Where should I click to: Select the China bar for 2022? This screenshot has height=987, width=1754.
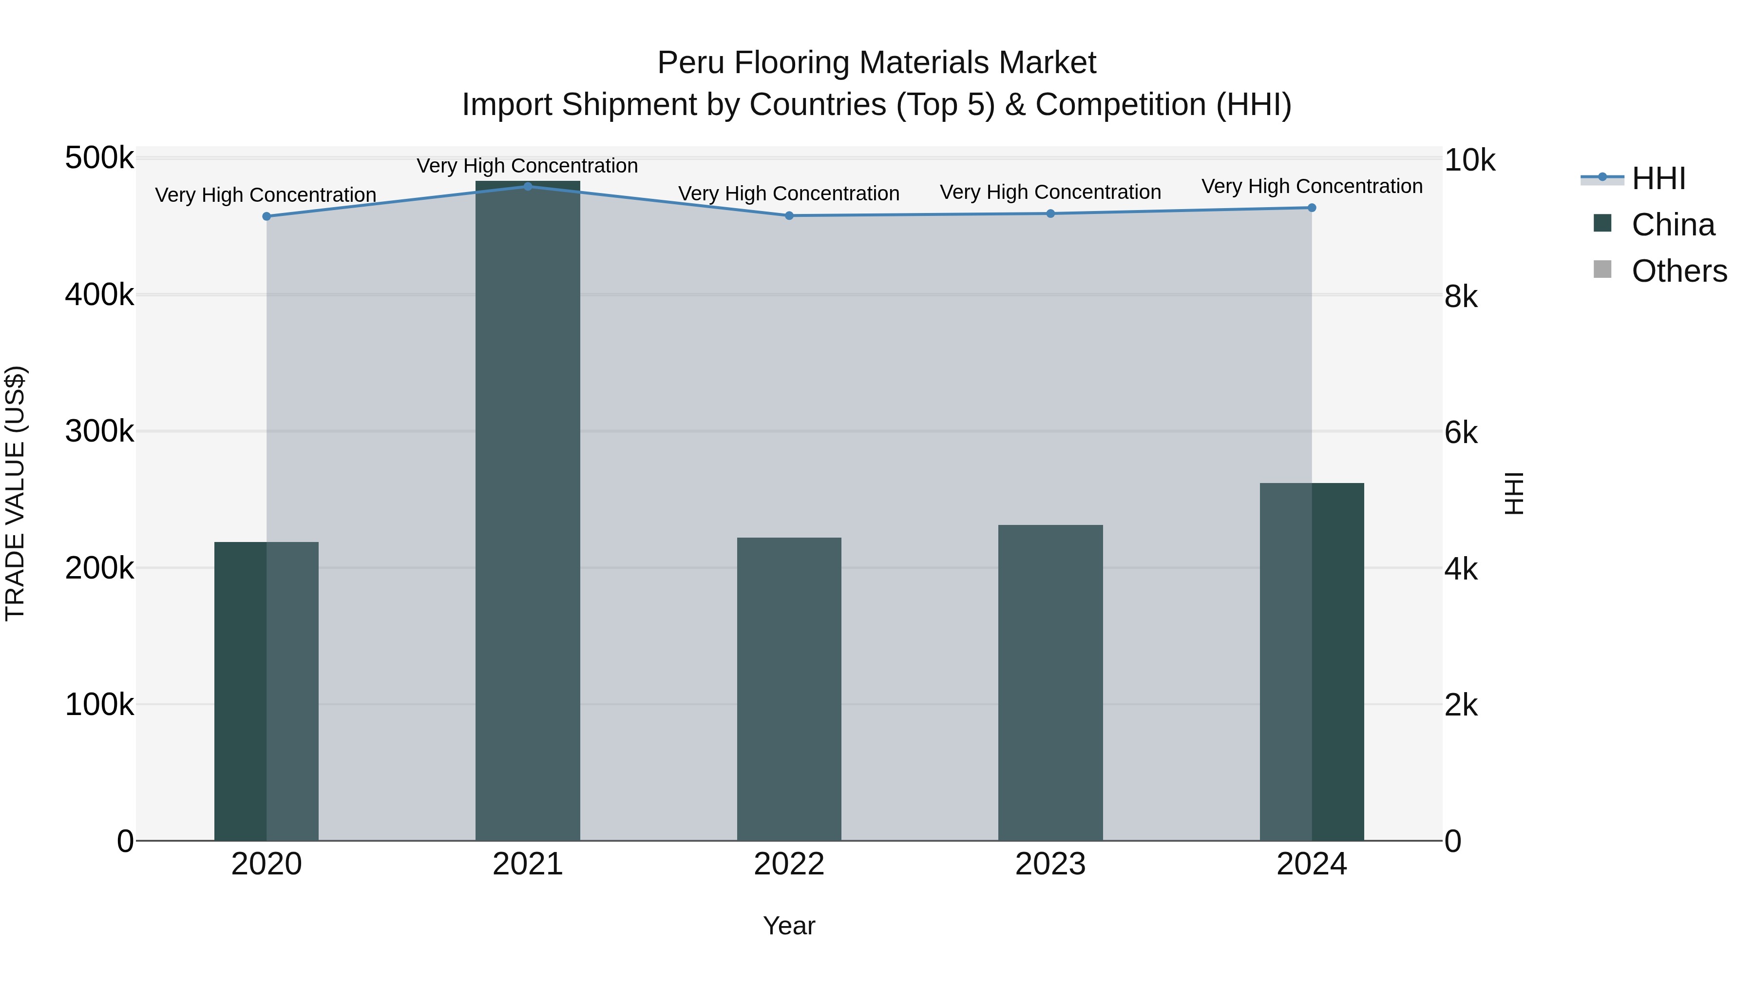[789, 688]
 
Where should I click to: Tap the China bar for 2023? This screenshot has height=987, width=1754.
[1050, 681]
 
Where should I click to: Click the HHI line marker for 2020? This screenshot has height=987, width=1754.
[266, 216]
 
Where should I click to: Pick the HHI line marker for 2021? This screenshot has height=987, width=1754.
[528, 187]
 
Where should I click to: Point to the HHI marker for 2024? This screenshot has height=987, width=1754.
[1312, 208]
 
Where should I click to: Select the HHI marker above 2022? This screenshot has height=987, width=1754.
[789, 216]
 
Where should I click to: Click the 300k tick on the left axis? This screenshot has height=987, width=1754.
[99, 432]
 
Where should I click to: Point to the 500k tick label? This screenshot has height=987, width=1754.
[99, 159]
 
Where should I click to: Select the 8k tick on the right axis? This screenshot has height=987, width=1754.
[1461, 297]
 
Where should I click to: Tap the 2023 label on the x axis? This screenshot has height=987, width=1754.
[1050, 864]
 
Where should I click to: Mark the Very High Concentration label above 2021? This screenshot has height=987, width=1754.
[527, 166]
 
